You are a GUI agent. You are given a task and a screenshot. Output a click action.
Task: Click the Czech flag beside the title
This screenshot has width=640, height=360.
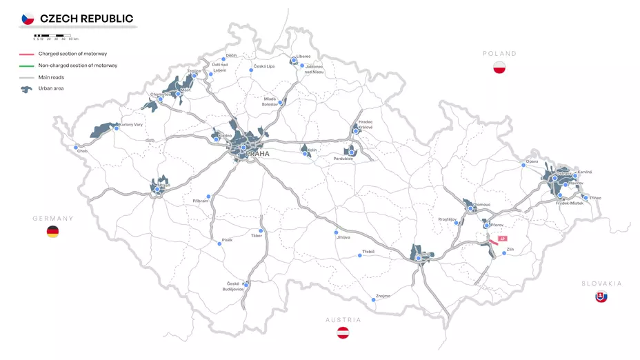[28, 19]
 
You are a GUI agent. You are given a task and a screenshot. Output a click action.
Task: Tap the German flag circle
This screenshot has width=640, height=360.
[52, 232]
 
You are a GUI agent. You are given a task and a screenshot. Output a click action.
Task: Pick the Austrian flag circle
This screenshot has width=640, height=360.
[343, 333]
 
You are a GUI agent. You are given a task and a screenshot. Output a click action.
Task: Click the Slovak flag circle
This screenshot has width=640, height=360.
[601, 297]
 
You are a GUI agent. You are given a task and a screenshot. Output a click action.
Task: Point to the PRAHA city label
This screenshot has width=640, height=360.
[257, 154]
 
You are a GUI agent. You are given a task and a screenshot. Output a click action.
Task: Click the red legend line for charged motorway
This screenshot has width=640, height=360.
[27, 54]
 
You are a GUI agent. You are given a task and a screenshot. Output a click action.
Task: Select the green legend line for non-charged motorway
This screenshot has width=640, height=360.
[27, 66]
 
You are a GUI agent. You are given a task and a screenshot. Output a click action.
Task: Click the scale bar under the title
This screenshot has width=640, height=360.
[52, 35]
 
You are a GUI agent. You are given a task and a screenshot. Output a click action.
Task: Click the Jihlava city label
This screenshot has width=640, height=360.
[343, 237]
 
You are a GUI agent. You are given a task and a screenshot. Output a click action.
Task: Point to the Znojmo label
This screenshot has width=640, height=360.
[383, 296]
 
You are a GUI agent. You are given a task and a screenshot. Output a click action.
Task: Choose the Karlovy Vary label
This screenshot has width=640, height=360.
[131, 125]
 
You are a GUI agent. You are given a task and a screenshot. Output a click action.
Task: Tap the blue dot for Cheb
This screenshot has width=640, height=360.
[76, 147]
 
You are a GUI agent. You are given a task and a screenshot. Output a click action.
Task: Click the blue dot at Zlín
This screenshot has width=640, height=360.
[504, 253]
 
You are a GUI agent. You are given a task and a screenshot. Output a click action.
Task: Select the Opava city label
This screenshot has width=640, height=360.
[532, 161]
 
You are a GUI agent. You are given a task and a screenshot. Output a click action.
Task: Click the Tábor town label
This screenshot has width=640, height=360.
[257, 236]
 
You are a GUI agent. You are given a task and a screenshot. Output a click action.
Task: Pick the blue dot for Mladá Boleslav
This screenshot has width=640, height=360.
[281, 103]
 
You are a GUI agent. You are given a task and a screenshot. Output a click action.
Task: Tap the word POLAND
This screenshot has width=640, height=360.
[499, 53]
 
